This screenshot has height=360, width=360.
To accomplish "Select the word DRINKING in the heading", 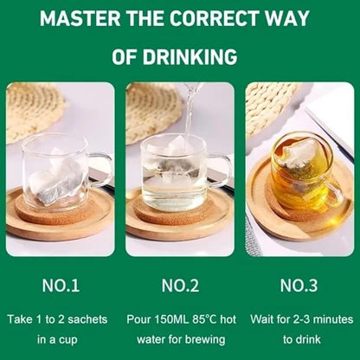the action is click(190, 57).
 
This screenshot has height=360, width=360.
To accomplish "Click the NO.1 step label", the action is click(61, 286).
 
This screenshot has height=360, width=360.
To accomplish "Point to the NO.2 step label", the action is click(180, 286).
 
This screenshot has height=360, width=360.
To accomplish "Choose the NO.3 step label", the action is click(299, 286).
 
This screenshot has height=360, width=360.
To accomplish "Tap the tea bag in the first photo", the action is click(55, 179).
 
